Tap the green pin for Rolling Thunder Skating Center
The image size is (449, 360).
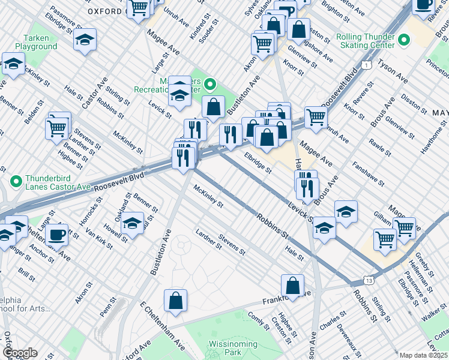point(404,41)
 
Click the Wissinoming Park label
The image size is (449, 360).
point(233,348)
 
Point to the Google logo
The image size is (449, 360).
point(20,353)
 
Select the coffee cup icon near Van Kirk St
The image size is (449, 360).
point(56,234)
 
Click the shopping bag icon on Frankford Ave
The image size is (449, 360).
point(292,285)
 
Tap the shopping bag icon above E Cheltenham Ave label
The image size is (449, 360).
point(175,300)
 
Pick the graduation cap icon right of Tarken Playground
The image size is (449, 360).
point(85,40)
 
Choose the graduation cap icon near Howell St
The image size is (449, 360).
point(133,223)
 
